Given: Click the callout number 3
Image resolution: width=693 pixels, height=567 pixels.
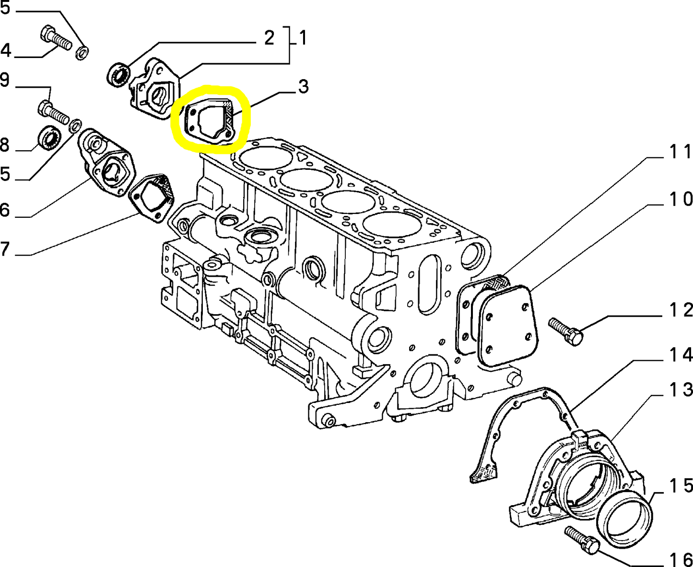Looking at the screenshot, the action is pos(303,86).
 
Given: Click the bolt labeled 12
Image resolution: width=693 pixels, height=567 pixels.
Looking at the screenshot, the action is pos(565,331).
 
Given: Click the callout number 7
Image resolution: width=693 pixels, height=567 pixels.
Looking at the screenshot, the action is pos(5,249).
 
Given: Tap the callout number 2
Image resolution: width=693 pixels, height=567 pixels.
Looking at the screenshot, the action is pos(269,38).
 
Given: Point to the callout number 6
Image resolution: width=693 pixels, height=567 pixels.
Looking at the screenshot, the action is pos(5,209).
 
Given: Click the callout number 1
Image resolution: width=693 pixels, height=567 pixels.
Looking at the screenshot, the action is pos(303,38).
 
